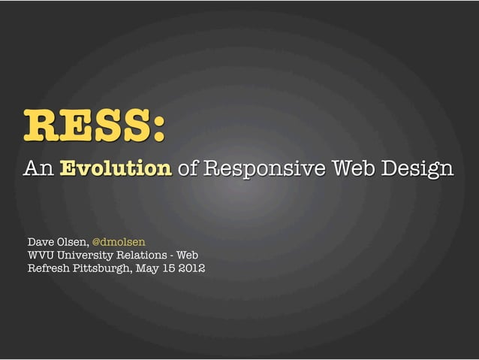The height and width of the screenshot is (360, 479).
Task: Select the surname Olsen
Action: pos(75,242)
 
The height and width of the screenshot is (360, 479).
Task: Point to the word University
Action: pos(88,256)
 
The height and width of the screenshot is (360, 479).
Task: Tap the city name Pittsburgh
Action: pos(102,270)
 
